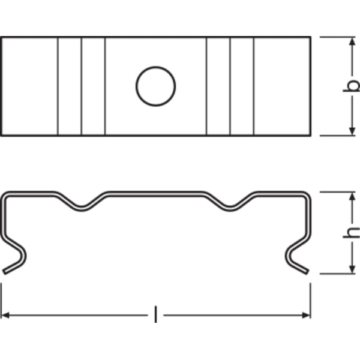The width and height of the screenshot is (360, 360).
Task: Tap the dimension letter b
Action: pos(352,85)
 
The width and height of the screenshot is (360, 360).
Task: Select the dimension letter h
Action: pos(352,232)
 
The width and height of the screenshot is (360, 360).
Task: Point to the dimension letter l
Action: pos(155,314)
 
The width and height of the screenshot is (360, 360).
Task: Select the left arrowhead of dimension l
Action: pos(5,315)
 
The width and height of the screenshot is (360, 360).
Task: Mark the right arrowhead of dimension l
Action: pos(306,315)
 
